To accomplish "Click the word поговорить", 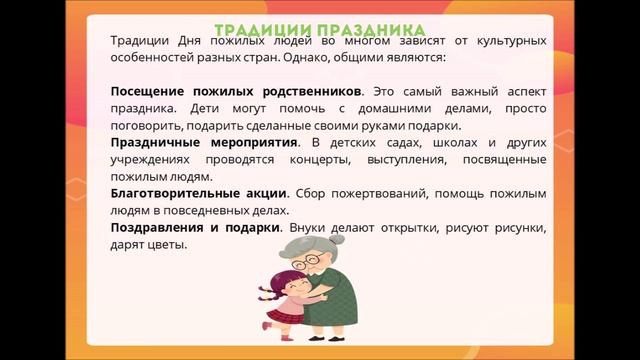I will [x=149, y=126].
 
